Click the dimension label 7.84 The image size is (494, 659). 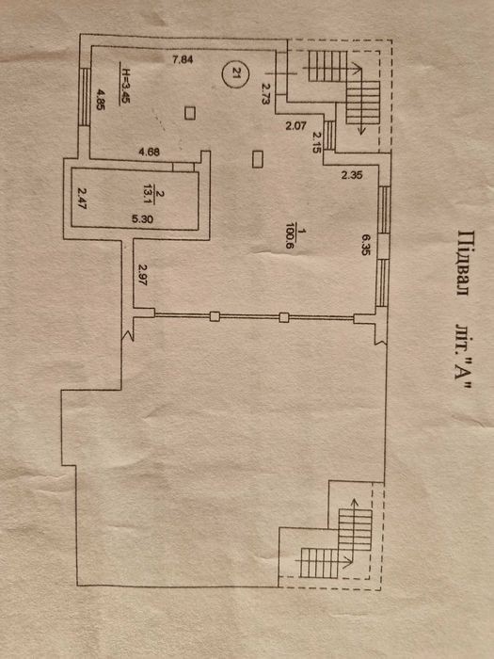pos(183,59)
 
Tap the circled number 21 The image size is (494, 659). pos(235,74)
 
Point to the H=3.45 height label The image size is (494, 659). pos(125,84)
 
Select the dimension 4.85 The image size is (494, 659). pos(101,99)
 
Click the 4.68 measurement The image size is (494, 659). pos(149,152)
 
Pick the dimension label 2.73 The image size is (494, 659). pos(265,93)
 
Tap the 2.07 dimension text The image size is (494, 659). pos(296,125)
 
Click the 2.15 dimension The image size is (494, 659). pos(318,142)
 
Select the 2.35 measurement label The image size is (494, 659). pos(352,175)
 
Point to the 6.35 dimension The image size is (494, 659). pos(365,245)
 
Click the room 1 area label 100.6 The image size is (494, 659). pos(289,238)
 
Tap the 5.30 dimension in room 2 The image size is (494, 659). pos(143,219)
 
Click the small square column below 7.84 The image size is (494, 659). pos(190,113)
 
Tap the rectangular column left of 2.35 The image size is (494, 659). pos(258,159)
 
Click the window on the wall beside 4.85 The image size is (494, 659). pos(85,97)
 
